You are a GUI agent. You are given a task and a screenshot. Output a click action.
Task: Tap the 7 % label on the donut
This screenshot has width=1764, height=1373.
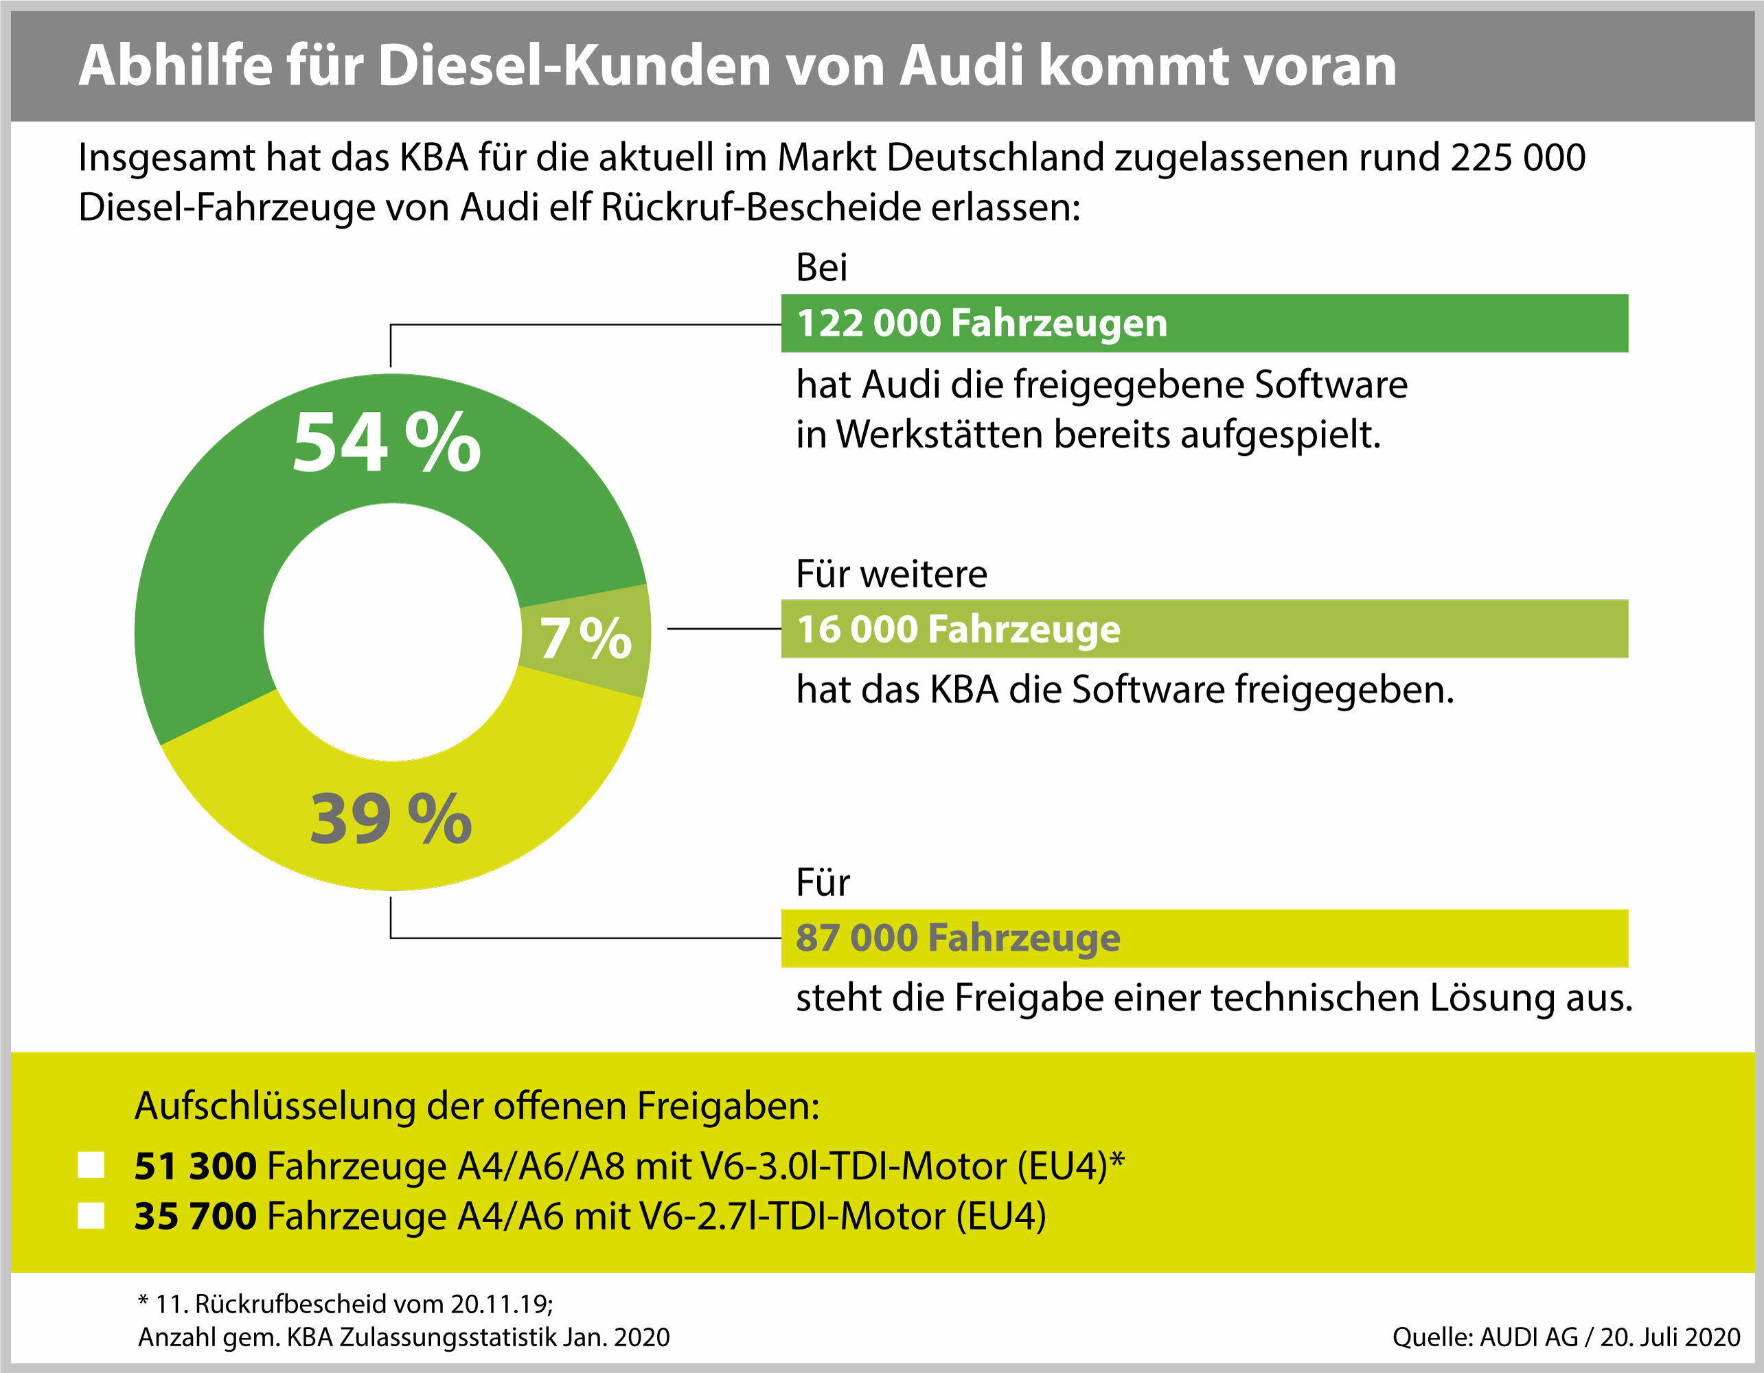[x=585, y=639]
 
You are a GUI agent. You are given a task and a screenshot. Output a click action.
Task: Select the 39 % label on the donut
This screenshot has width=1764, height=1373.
[x=391, y=819]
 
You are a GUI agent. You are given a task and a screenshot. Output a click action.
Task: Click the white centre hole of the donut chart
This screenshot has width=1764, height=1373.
[x=393, y=632]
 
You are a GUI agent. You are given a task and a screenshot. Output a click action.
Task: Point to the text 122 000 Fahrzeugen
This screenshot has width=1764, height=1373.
[x=981, y=323]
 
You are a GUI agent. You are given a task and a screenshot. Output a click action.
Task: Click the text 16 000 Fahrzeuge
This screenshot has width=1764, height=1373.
[x=958, y=629]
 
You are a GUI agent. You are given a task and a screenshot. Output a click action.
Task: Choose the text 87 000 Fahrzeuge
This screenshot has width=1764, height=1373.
[x=958, y=938]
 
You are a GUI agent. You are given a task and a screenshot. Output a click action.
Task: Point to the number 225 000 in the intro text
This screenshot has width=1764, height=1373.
[x=1517, y=157]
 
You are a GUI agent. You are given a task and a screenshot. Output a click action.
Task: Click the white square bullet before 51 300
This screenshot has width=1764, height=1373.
[x=91, y=1166]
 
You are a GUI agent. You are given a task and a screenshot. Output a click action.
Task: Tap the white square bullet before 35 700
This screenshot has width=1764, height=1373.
[x=91, y=1216]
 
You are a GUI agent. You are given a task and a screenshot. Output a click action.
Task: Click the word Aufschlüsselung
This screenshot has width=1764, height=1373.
[x=275, y=1106]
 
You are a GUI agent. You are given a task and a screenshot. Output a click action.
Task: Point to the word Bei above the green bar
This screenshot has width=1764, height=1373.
[x=821, y=267]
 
